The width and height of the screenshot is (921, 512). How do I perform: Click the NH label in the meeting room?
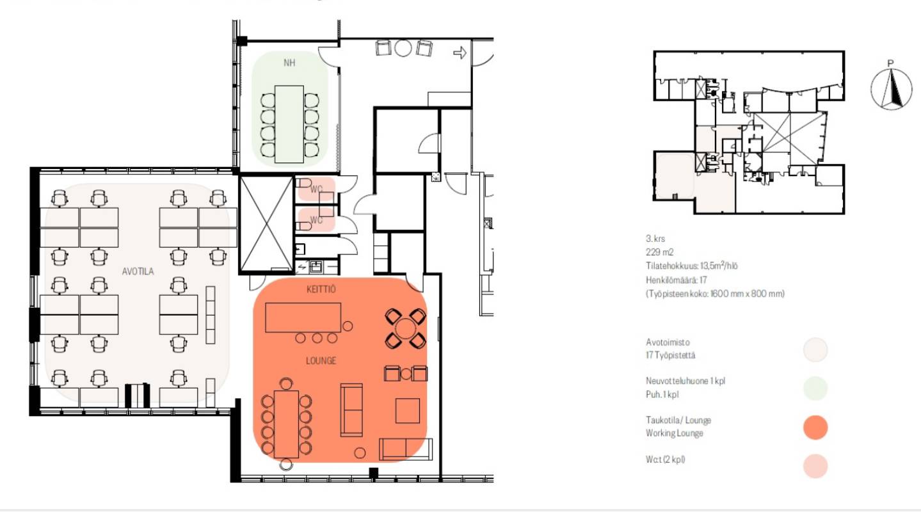pos(289,63)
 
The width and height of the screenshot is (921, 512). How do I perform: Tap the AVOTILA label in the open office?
pos(138,271)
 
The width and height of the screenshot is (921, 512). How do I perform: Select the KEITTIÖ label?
pos(321,289)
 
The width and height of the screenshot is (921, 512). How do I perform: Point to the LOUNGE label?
pos(321,361)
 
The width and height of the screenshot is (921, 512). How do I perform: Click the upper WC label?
pos(316,189)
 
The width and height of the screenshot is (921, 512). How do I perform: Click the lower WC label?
pos(316,220)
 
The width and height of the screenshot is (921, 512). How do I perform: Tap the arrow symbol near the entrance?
pos(460,52)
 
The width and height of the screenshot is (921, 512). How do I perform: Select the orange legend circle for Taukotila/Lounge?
pos(815,428)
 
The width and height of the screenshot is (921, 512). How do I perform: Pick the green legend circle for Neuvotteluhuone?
pos(815,388)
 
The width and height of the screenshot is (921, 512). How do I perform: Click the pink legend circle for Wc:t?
pos(815,466)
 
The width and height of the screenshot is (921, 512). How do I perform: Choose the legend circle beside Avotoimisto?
pos(815,349)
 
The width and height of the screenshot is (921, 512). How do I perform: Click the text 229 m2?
pos(659,252)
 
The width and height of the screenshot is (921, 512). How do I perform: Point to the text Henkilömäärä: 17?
pos(677,280)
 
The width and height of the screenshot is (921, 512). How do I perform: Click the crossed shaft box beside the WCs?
pos(266,224)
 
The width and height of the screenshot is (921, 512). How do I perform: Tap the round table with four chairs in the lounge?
pos(405,329)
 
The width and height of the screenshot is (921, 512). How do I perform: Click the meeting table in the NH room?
pos(289,124)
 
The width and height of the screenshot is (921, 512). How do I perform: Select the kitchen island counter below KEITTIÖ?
pos(303,317)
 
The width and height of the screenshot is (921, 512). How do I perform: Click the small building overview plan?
pos(749,132)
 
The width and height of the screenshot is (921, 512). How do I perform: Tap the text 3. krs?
pos(655,239)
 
